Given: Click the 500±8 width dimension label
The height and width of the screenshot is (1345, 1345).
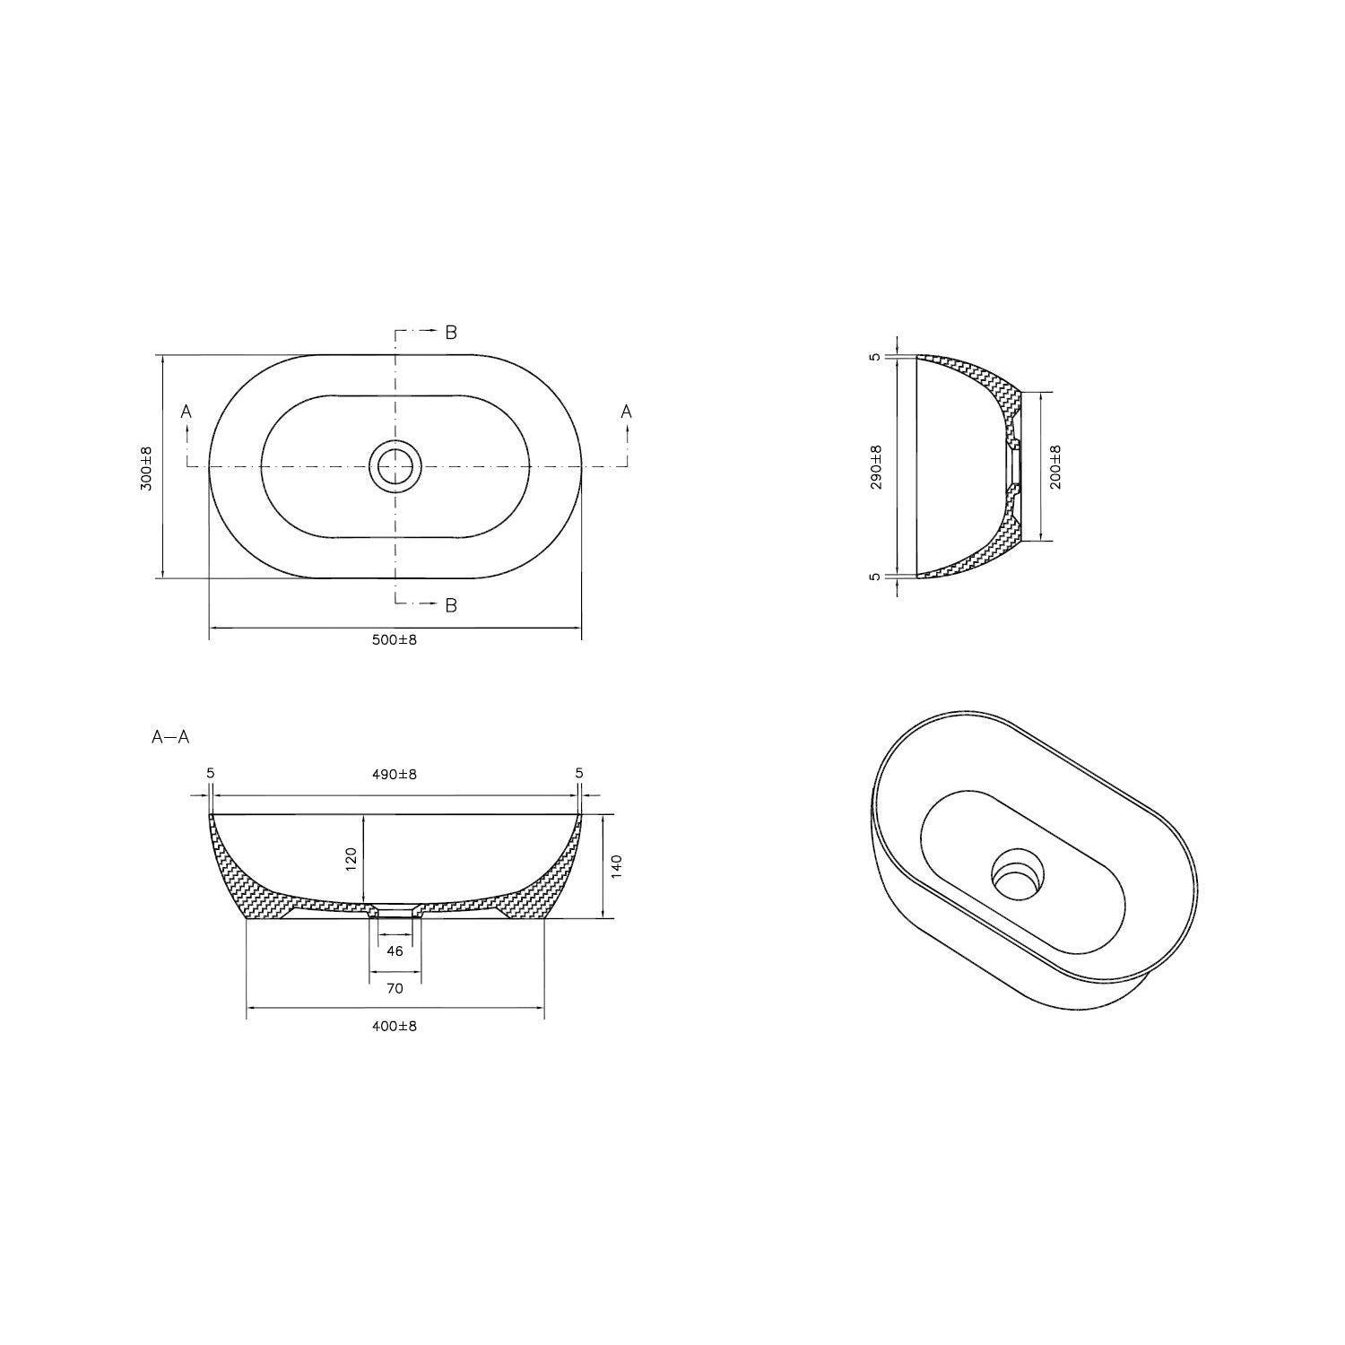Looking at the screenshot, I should tap(395, 640).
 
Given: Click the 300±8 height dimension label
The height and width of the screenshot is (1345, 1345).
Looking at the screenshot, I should tap(147, 467).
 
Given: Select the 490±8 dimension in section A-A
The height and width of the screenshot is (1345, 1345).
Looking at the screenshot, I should tap(395, 774).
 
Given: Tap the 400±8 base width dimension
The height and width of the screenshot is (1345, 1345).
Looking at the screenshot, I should tap(395, 1026).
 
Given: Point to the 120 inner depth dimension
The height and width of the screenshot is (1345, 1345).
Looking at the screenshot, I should tap(351, 859).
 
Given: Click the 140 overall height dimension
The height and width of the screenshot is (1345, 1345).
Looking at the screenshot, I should tap(616, 866).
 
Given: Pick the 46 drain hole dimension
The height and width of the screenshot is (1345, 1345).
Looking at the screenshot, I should tap(395, 951).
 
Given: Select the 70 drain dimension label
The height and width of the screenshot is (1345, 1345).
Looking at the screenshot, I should tap(395, 988).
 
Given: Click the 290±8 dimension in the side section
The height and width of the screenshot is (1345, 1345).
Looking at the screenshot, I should tap(876, 467).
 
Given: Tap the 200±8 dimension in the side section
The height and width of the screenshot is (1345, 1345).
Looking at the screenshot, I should tap(1054, 467).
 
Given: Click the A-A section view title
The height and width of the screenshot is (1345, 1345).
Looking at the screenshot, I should tap(170, 738).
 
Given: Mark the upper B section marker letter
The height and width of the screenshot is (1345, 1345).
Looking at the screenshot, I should tap(451, 333).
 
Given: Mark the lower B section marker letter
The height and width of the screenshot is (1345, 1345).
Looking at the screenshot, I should tap(451, 605).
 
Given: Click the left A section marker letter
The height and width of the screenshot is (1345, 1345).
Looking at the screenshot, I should tap(187, 412).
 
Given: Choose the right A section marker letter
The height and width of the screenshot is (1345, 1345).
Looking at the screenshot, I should tap(627, 412).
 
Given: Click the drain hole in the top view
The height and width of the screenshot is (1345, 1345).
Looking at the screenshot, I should tap(395, 466).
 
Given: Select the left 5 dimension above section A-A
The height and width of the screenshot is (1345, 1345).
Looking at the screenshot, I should tap(210, 773).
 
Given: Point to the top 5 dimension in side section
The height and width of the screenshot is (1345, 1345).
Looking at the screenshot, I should tap(876, 357).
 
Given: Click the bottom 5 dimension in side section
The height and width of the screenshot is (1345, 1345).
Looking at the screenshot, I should tap(876, 577).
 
